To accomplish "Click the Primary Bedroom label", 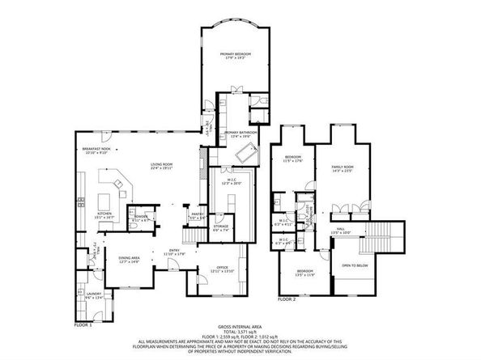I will click(236, 54).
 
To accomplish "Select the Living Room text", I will click(161, 166).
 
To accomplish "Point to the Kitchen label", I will click(107, 215).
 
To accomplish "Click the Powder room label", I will click(141, 217).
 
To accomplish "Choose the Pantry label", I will click(197, 216).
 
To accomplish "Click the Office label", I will click(222, 269).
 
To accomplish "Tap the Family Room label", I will click(343, 167).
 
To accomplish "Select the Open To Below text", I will click(355, 265).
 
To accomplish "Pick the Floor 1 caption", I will click(83, 324).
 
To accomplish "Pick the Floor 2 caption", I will click(287, 299).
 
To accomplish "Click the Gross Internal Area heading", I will click(240, 328).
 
